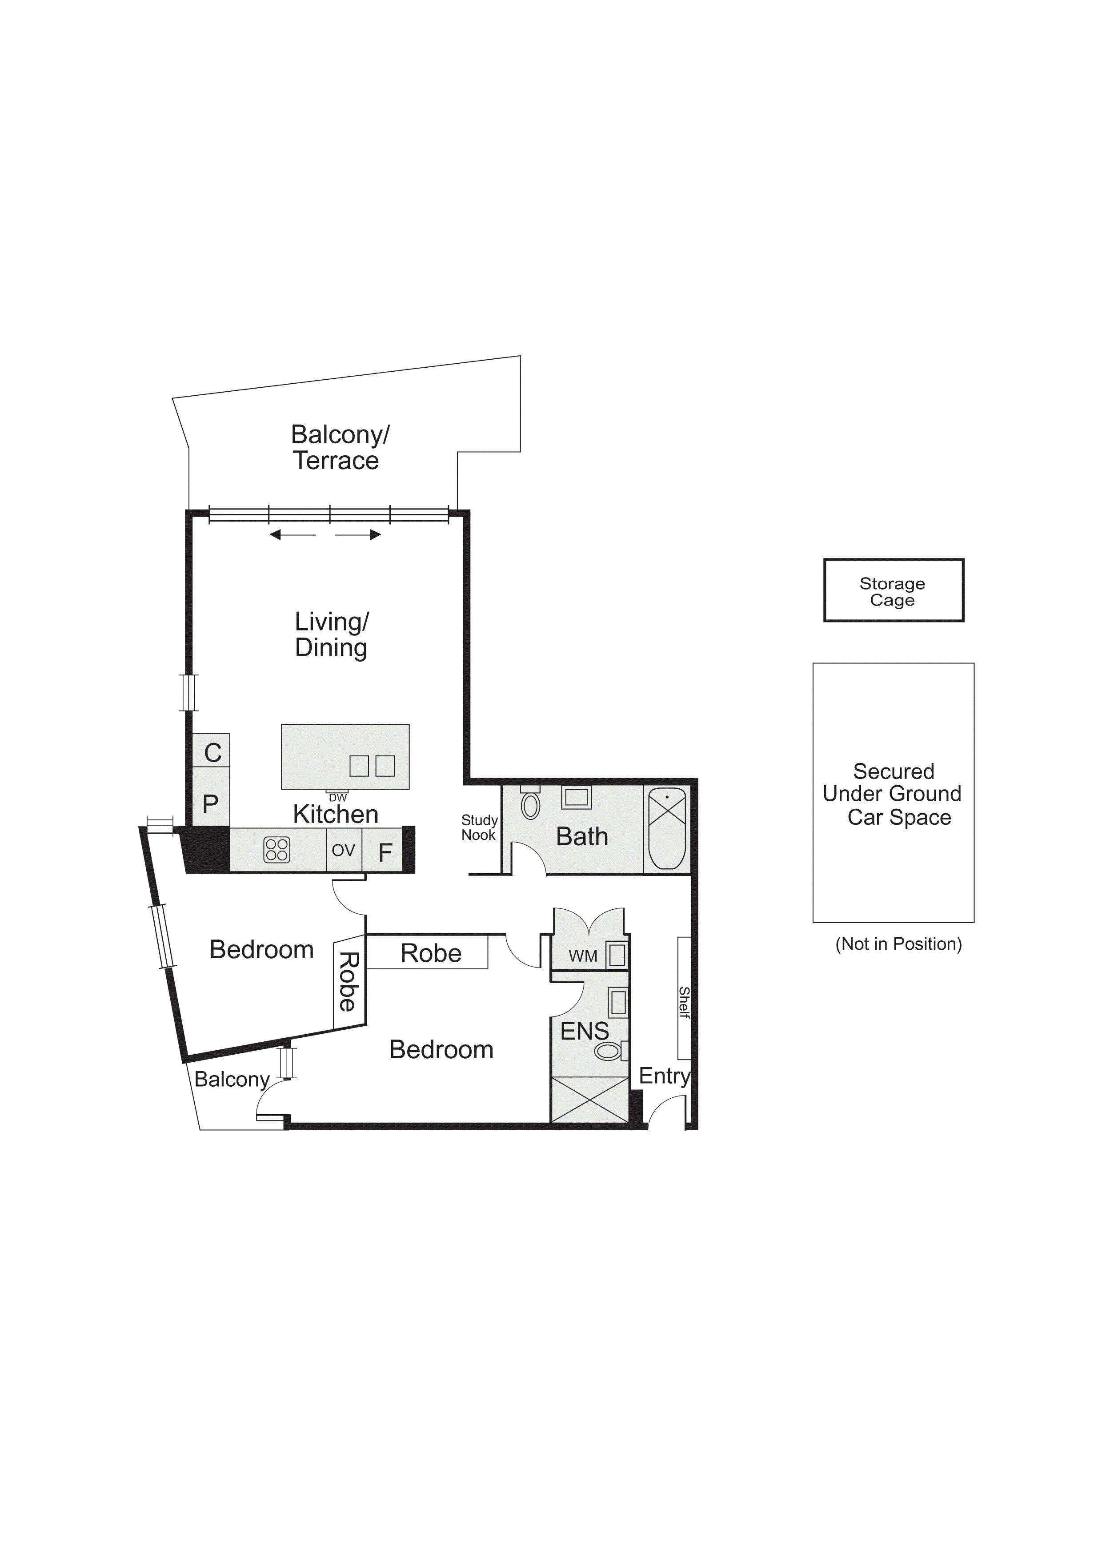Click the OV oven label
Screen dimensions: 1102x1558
[x=343, y=850]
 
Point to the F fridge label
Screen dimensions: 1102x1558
[x=385, y=852]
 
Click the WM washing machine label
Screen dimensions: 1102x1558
[x=583, y=956]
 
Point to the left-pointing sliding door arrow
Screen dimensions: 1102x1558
[x=293, y=535]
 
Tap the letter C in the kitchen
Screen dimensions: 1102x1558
[x=213, y=752]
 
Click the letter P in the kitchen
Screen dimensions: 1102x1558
[x=210, y=804]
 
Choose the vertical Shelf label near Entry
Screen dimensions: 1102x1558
[x=684, y=1002]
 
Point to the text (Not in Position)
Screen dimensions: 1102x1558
[x=898, y=944]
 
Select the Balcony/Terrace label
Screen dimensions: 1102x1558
[x=339, y=447]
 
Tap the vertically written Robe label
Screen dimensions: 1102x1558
[x=348, y=982]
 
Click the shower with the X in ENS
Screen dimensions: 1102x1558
[x=590, y=1100]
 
